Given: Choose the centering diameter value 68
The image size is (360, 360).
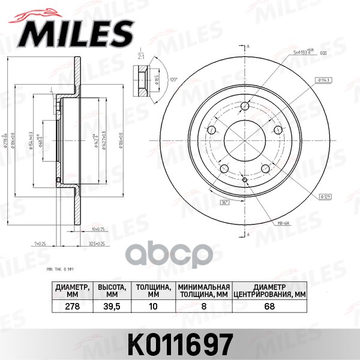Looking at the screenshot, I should click(x=268, y=305).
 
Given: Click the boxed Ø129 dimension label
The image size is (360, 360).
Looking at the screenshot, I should click(x=325, y=196).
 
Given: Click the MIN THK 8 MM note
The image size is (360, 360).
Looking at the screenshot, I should click(x=62, y=270).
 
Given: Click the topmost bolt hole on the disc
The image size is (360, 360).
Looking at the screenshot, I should click(x=245, y=107).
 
